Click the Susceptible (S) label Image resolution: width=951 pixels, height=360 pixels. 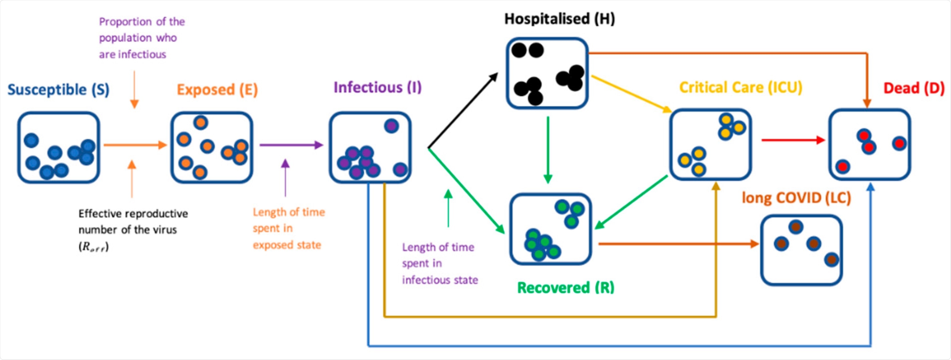58,90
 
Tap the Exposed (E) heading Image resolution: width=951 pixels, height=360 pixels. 217,90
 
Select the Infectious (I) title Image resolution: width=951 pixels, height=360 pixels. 377,88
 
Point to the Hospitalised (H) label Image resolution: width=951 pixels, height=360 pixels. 559,19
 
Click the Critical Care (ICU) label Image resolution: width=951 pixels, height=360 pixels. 740,88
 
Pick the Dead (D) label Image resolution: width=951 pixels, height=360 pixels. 913,88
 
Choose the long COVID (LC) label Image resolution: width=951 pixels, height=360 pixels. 796,198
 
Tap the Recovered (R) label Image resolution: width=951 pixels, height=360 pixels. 565,287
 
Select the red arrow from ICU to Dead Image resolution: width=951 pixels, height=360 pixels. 792,140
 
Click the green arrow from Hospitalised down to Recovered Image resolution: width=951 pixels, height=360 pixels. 548,149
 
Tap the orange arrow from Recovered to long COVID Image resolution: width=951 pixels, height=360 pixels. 678,244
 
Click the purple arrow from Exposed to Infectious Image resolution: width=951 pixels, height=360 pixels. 291,145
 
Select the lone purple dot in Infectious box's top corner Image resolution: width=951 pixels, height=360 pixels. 391,126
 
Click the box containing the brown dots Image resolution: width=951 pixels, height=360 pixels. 801,250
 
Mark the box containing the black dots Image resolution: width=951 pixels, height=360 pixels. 547,73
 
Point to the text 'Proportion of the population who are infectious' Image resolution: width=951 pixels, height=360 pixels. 141,38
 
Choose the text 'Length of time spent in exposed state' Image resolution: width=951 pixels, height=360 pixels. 288,228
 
